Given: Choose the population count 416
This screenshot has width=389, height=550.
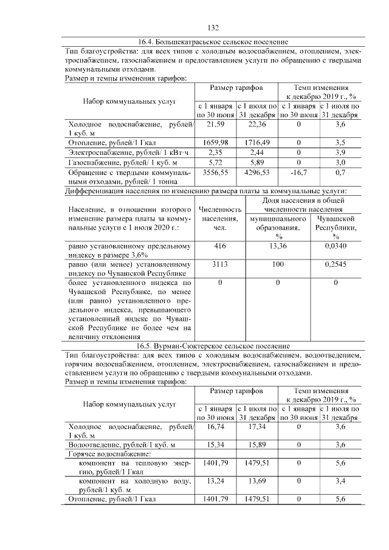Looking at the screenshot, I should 220,246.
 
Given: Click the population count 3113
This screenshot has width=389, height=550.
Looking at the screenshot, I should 220,264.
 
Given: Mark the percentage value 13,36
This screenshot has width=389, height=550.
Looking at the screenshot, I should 277,246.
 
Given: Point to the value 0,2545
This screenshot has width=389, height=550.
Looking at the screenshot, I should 336,264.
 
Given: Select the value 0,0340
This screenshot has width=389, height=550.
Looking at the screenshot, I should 336,246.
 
